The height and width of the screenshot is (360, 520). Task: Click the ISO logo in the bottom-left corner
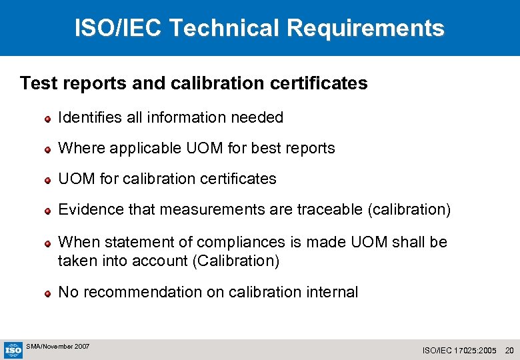point(13,349)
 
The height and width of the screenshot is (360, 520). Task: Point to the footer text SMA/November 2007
point(57,347)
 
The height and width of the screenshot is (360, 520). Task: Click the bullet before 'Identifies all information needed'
point(48,119)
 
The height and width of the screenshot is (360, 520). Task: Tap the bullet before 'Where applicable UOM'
point(48,149)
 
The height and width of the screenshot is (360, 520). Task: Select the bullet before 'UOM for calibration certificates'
point(48,180)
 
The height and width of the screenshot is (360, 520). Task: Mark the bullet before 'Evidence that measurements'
point(48,211)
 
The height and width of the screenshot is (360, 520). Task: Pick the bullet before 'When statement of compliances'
point(48,243)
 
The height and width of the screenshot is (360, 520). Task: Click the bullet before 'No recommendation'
point(48,293)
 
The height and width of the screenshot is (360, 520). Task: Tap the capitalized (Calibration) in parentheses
point(235,261)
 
